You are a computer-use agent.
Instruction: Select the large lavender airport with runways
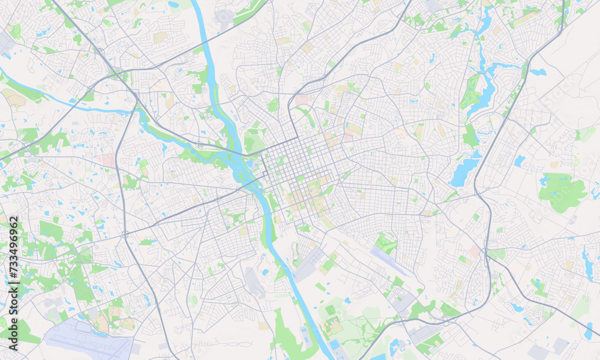90,339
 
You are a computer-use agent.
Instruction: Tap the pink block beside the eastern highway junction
475,251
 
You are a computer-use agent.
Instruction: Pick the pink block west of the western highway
108,160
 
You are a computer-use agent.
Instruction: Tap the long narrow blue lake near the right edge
586,262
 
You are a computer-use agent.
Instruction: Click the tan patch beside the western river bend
14,99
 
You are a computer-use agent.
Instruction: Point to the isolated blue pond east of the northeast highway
538,72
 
